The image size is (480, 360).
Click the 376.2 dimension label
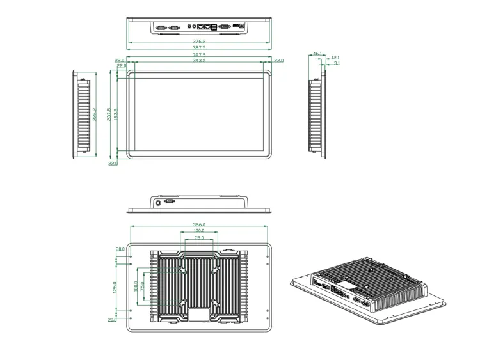click(x=199, y=41)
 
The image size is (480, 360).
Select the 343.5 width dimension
click(x=199, y=61)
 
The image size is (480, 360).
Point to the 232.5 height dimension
click(x=109, y=113)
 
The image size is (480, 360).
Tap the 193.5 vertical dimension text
click(x=116, y=114)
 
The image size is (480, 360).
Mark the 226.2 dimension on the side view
click(x=95, y=114)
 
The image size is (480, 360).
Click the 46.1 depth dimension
click(x=317, y=54)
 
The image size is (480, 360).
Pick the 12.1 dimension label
click(x=335, y=58)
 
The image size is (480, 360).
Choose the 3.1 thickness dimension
click(x=337, y=63)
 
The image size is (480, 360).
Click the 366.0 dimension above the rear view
click(x=199, y=224)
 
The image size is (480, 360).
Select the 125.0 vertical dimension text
click(x=115, y=288)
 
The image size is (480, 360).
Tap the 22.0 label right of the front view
click(x=278, y=61)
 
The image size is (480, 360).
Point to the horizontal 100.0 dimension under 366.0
click(x=199, y=231)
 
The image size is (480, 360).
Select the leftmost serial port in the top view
click(x=161, y=27)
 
